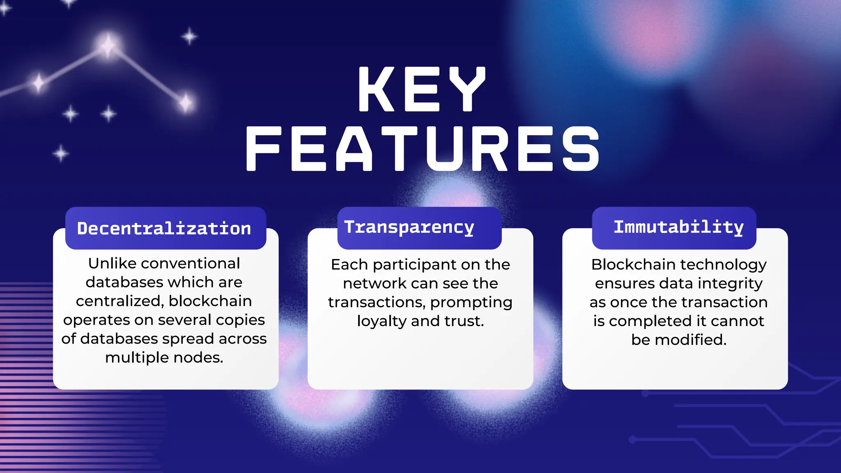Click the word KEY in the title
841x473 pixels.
(422, 90)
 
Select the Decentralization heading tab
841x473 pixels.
(164, 228)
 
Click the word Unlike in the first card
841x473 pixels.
(112, 264)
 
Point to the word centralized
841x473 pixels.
(119, 301)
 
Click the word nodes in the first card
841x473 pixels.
(198, 358)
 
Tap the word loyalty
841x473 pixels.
(381, 321)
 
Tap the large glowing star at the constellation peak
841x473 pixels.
(108, 45)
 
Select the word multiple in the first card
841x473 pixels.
(137, 358)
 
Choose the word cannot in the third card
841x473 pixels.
(738, 321)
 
